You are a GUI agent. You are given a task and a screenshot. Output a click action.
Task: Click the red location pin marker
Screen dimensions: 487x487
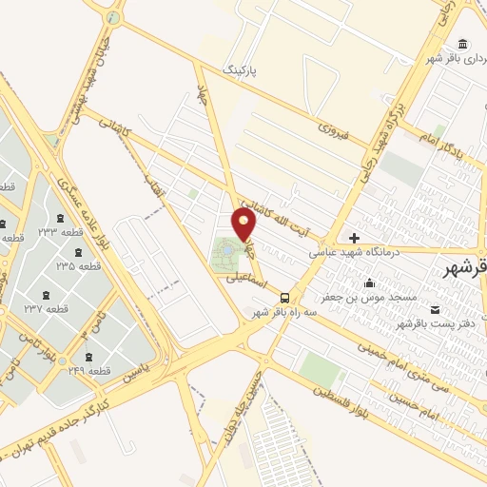[x=244, y=225]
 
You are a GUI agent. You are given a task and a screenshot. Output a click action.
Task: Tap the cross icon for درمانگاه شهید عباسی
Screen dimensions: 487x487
[x=355, y=238]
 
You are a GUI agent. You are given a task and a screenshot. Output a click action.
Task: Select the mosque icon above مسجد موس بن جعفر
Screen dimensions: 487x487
[x=370, y=282]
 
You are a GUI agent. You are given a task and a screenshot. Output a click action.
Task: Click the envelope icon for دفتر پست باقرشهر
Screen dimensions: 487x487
[x=436, y=310]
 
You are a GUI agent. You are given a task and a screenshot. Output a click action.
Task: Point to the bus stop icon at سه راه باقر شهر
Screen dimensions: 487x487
[x=287, y=297]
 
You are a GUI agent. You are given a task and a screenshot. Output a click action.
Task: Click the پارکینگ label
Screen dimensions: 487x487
[x=240, y=71]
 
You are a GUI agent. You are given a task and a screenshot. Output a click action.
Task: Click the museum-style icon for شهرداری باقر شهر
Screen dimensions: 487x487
[x=462, y=45]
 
